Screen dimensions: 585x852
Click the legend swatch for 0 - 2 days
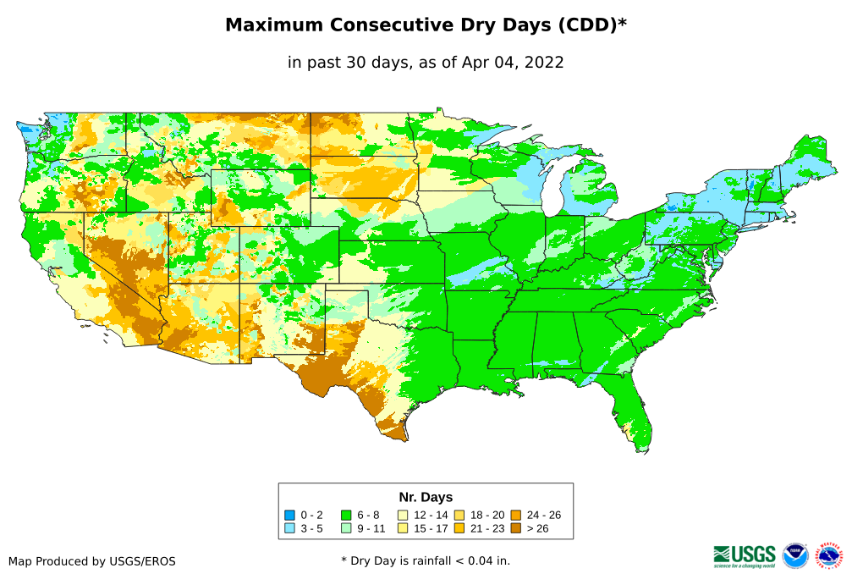tap(290, 515)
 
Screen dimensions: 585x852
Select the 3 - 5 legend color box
tap(290, 528)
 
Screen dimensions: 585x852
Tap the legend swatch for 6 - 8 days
tap(346, 515)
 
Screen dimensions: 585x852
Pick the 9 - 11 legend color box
tap(346, 528)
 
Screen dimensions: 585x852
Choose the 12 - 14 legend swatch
tap(403, 515)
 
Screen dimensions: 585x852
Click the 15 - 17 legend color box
tap(403, 528)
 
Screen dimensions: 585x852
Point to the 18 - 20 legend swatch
tap(459, 515)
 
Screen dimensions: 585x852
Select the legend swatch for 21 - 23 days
tap(459, 528)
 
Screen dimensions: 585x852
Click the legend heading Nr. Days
tap(426, 497)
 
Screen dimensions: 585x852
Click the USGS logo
tap(745, 555)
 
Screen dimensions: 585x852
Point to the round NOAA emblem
tap(795, 555)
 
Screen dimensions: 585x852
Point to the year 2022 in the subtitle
tap(544, 62)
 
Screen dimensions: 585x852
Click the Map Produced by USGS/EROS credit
tap(91, 560)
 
